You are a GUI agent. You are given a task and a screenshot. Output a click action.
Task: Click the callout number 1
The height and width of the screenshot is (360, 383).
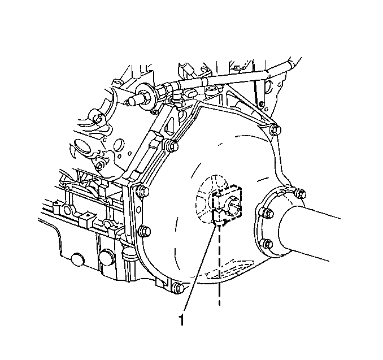pyautogui.click(x=181, y=320)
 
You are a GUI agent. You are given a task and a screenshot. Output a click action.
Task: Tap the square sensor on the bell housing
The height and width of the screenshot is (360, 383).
pyautogui.click(x=227, y=203)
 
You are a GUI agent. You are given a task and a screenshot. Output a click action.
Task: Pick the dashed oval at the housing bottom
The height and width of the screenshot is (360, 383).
pyautogui.click(x=231, y=275)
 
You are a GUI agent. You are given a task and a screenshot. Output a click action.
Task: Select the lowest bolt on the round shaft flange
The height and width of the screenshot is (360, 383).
pyautogui.click(x=267, y=244)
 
